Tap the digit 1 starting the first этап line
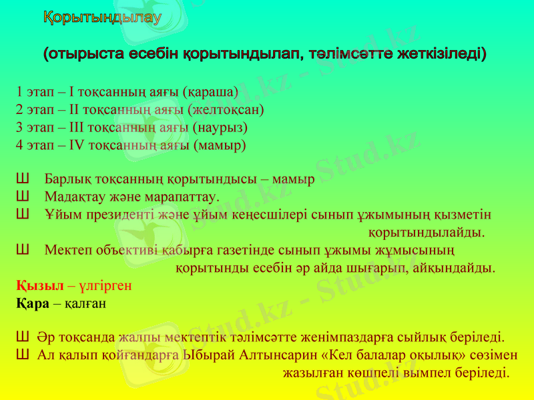19,91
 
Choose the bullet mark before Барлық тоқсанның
21,179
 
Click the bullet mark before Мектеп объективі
21,251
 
